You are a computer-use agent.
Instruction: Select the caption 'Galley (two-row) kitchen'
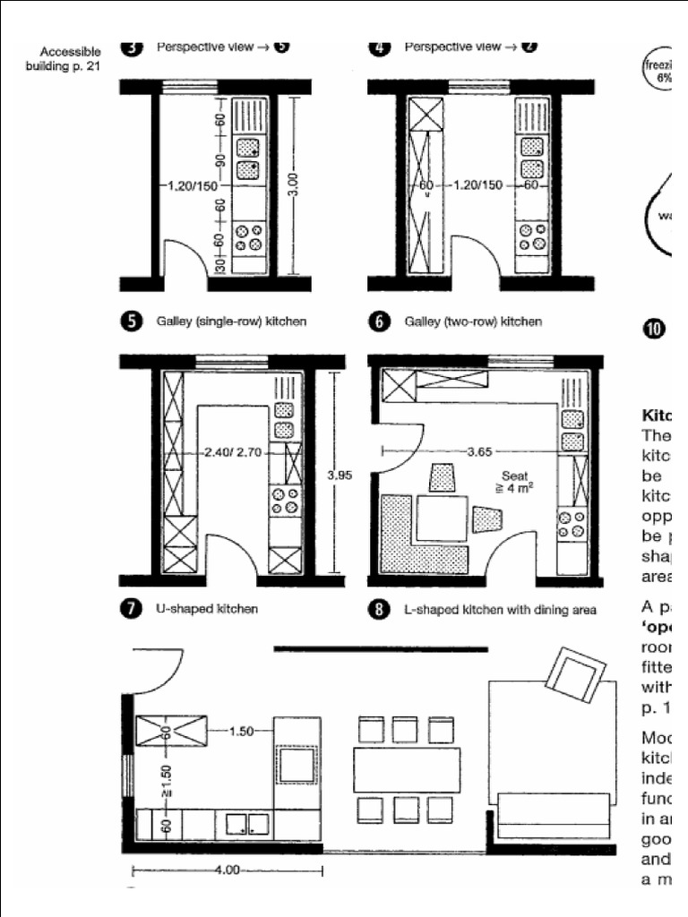(473, 321)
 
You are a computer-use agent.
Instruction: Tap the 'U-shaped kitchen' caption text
(207, 609)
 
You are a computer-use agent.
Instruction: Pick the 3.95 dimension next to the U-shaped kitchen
(338, 476)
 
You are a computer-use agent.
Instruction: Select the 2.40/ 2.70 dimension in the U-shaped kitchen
(232, 452)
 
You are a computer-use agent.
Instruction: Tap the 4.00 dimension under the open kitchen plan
(228, 870)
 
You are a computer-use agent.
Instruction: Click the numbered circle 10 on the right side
(654, 328)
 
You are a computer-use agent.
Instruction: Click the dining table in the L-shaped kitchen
(442, 518)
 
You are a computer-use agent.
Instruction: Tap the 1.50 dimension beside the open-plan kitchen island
(241, 732)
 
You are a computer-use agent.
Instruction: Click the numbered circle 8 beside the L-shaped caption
(379, 610)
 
